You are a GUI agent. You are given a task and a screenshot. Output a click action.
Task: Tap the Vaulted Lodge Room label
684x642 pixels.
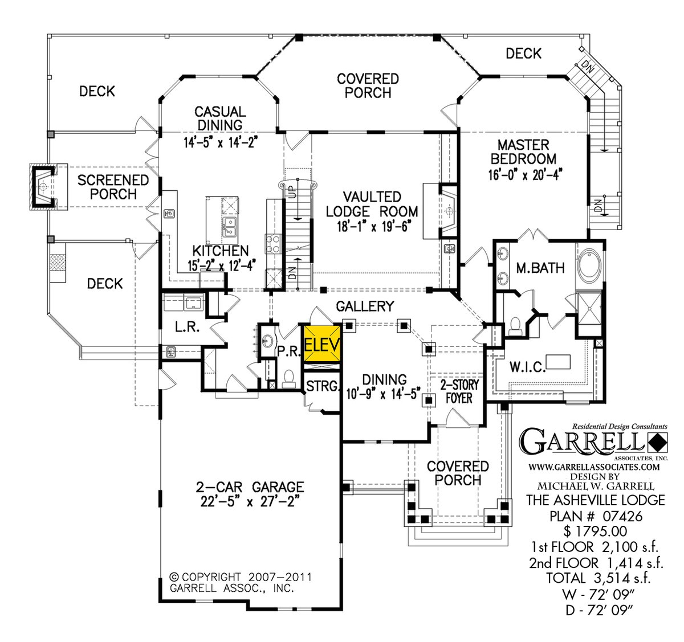372,204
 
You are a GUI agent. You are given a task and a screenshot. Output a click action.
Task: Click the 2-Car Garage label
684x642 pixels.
250,487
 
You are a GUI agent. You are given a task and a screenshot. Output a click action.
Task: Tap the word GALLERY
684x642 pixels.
365,306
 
